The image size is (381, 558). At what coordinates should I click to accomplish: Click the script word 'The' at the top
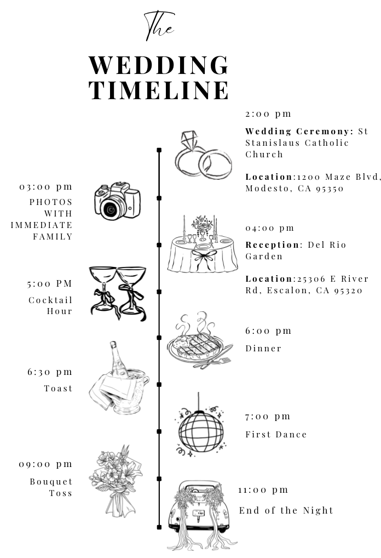(x=159, y=26)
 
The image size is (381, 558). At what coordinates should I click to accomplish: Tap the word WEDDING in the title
(x=159, y=65)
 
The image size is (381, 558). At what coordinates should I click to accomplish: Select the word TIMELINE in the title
(x=159, y=90)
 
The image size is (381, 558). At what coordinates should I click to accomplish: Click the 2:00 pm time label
(x=268, y=114)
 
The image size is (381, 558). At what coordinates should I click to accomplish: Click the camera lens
(x=112, y=208)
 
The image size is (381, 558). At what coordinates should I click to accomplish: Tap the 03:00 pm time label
(x=46, y=187)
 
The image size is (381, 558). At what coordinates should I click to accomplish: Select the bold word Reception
(x=272, y=245)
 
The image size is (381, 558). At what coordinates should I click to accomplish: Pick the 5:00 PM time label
(x=49, y=283)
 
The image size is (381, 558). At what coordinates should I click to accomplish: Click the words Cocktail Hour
(x=50, y=306)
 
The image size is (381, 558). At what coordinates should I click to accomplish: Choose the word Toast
(x=58, y=388)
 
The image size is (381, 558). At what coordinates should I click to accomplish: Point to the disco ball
(x=201, y=431)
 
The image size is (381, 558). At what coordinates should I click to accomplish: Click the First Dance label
(x=276, y=435)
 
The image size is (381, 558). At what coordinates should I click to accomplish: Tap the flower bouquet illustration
(x=116, y=480)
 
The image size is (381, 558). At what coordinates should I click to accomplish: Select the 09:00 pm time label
(x=45, y=464)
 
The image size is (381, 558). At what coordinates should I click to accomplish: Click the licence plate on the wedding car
(x=199, y=513)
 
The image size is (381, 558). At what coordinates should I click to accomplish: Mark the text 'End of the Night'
(x=286, y=510)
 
